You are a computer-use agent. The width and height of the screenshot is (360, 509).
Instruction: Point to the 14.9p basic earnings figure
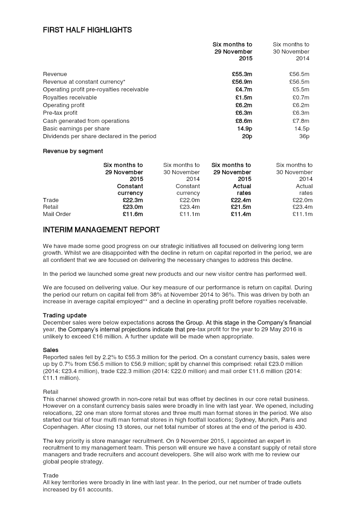pos(244,129)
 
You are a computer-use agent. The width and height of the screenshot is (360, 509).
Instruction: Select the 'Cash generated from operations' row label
pos(86,121)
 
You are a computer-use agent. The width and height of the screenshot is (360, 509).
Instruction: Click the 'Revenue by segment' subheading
pos(73,151)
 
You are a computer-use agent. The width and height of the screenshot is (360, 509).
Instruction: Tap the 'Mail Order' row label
pos(57,214)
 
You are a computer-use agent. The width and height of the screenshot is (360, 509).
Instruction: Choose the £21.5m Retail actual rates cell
pos(241,207)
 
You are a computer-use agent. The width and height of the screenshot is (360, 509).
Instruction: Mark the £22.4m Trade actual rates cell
pos(241,200)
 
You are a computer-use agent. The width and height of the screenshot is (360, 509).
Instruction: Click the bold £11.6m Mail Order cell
pos(133,214)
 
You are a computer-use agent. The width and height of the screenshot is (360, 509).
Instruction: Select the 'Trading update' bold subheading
pos(65,315)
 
